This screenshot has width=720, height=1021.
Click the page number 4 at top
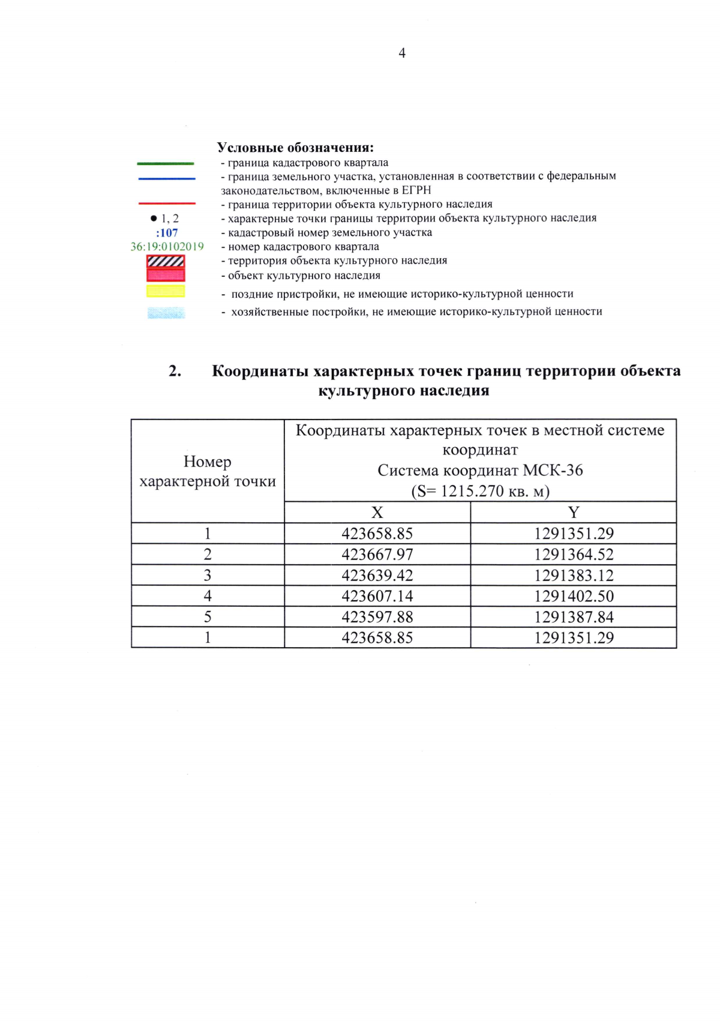click(402, 53)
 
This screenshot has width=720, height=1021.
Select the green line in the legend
click(166, 163)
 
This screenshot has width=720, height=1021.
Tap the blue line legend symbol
click(167, 178)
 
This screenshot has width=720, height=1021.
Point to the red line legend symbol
click(167, 203)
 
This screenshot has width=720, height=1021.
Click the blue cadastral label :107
click(167, 233)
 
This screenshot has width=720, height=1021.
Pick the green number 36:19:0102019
click(167, 247)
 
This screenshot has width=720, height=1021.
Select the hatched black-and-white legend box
click(166, 261)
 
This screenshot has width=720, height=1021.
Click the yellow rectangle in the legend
click(166, 291)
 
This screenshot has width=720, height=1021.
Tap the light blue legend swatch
click(166, 313)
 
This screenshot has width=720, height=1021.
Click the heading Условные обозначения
click(295, 148)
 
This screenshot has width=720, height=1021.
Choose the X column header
click(377, 513)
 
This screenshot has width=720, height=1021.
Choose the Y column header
click(574, 513)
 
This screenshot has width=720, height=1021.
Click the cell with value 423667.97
click(377, 555)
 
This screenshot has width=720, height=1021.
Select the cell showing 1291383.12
click(574, 576)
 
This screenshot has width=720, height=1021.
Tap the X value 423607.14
click(377, 596)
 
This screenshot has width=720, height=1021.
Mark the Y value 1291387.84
click(574, 617)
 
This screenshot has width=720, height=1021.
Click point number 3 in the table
click(208, 576)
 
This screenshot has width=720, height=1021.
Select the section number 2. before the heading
click(175, 371)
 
